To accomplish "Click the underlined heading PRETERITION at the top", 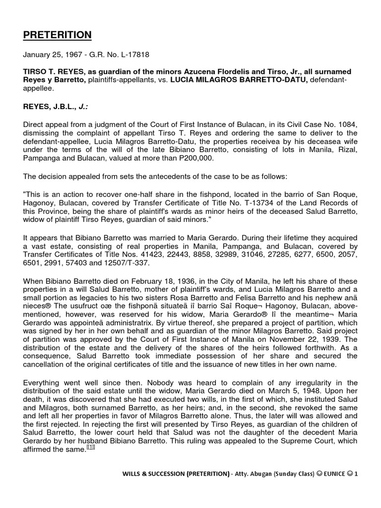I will pyautogui.click(x=58, y=35).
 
